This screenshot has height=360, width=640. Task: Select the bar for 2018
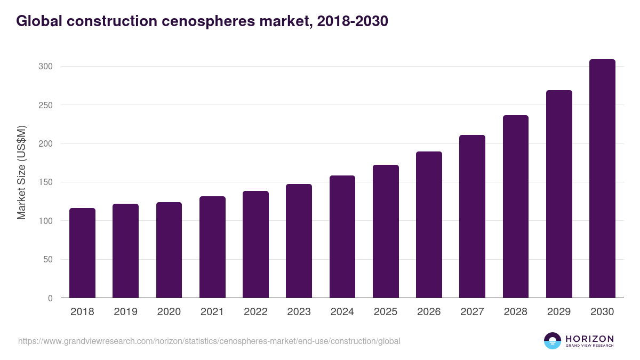point(82,253)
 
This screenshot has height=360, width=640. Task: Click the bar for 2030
point(602,179)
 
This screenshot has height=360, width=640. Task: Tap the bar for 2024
point(342,237)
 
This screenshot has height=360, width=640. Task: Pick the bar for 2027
point(472,217)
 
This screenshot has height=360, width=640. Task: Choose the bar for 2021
point(212,247)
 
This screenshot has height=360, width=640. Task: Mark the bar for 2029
point(559,194)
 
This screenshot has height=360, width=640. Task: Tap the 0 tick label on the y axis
point(50,298)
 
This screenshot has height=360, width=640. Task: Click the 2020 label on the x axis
point(169,312)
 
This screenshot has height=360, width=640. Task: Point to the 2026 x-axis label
point(429,312)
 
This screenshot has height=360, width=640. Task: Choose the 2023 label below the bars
point(299,312)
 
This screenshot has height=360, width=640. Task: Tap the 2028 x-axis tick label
point(515,312)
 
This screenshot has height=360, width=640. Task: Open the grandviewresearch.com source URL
point(209,341)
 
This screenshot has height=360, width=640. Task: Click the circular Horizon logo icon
point(553,341)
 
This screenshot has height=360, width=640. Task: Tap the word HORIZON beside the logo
point(589,338)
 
